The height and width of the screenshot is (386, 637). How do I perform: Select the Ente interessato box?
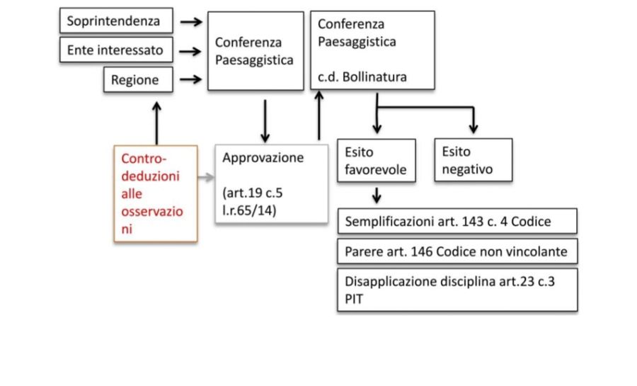115,50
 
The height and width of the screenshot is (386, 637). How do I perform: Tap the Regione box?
139,80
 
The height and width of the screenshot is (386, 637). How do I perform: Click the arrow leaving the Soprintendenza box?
190,22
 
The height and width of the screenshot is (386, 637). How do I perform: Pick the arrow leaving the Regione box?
190,80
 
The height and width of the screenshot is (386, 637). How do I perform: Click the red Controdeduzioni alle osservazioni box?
156,193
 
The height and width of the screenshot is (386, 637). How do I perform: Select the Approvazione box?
271,184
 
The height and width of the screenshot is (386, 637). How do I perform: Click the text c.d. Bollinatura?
362,77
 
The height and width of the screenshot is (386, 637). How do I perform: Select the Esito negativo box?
473,161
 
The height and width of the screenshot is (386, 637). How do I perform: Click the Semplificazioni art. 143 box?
457,222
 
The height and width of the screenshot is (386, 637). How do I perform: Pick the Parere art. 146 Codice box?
457,251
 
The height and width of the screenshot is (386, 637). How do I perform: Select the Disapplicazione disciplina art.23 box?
457,289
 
